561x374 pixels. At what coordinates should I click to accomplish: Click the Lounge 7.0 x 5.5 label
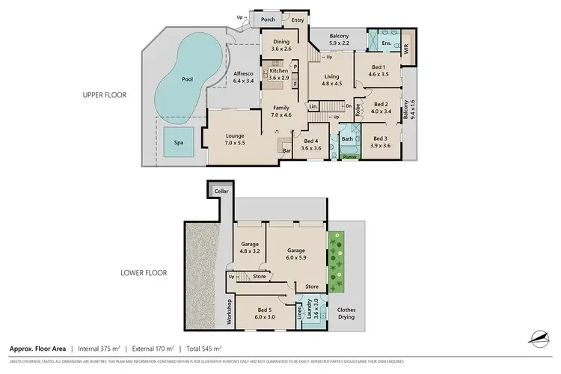235,138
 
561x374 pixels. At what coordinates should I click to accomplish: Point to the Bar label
286,150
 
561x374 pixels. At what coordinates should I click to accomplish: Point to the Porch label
268,21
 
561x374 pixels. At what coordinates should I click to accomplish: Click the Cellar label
221,191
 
